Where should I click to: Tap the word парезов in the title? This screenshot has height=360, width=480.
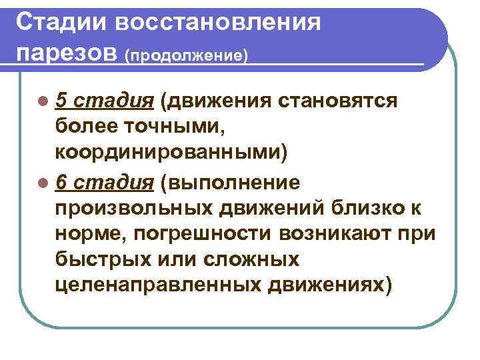[x=65, y=52]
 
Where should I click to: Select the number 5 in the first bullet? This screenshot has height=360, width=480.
[x=61, y=101]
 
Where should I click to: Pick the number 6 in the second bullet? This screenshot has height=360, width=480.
[x=61, y=181]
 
